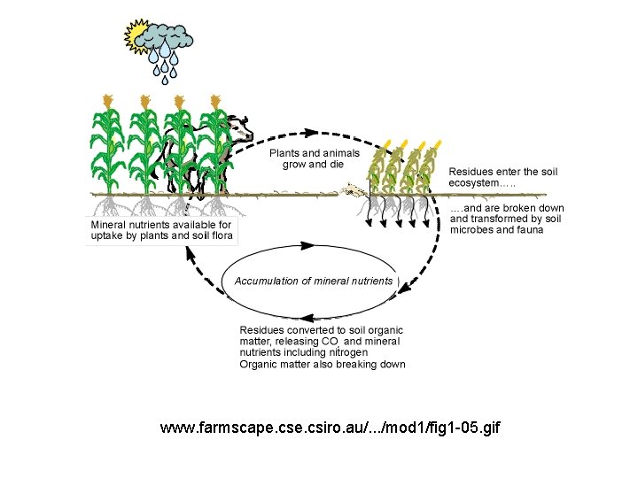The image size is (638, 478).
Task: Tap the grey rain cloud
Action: [x=168, y=36]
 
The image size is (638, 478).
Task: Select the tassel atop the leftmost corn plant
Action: [x=107, y=100]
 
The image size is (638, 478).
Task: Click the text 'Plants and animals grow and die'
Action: [x=315, y=158]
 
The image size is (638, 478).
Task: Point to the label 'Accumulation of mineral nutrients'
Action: [x=313, y=281]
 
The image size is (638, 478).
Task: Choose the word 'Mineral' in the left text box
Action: [x=110, y=225]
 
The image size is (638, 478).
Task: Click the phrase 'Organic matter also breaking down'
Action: [x=323, y=364]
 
